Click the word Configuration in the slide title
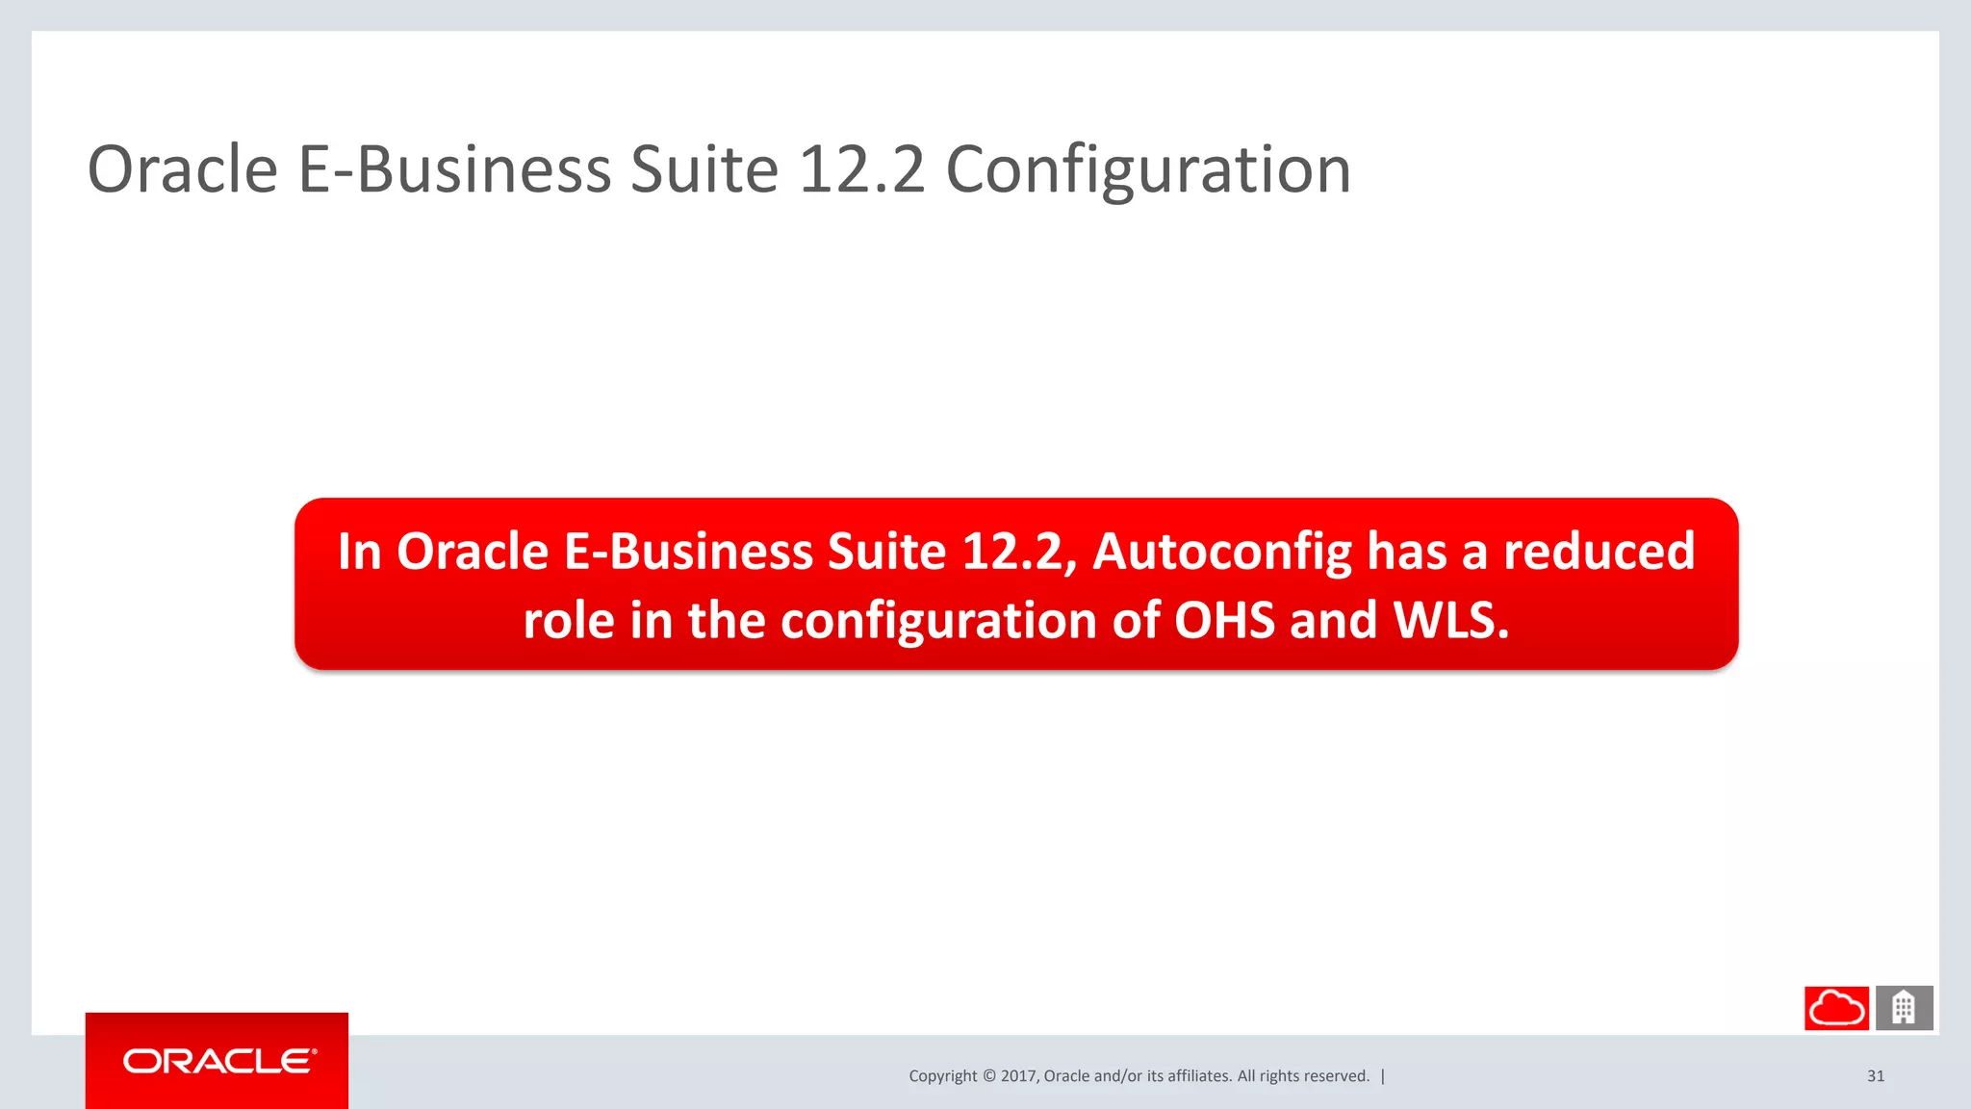pos(1147,171)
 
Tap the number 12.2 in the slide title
pos(860,171)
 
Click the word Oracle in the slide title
pos(183,171)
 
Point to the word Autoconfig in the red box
pos(1222,553)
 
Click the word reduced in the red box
pos(1599,553)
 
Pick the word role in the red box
pos(568,621)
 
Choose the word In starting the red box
pos(360,553)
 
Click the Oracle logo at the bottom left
pos(218,1061)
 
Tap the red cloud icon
pos(1836,1008)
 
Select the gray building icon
pos(1904,1008)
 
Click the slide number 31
pos(1876,1076)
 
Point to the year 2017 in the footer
pos(1017,1076)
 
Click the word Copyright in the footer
pos(942,1076)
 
